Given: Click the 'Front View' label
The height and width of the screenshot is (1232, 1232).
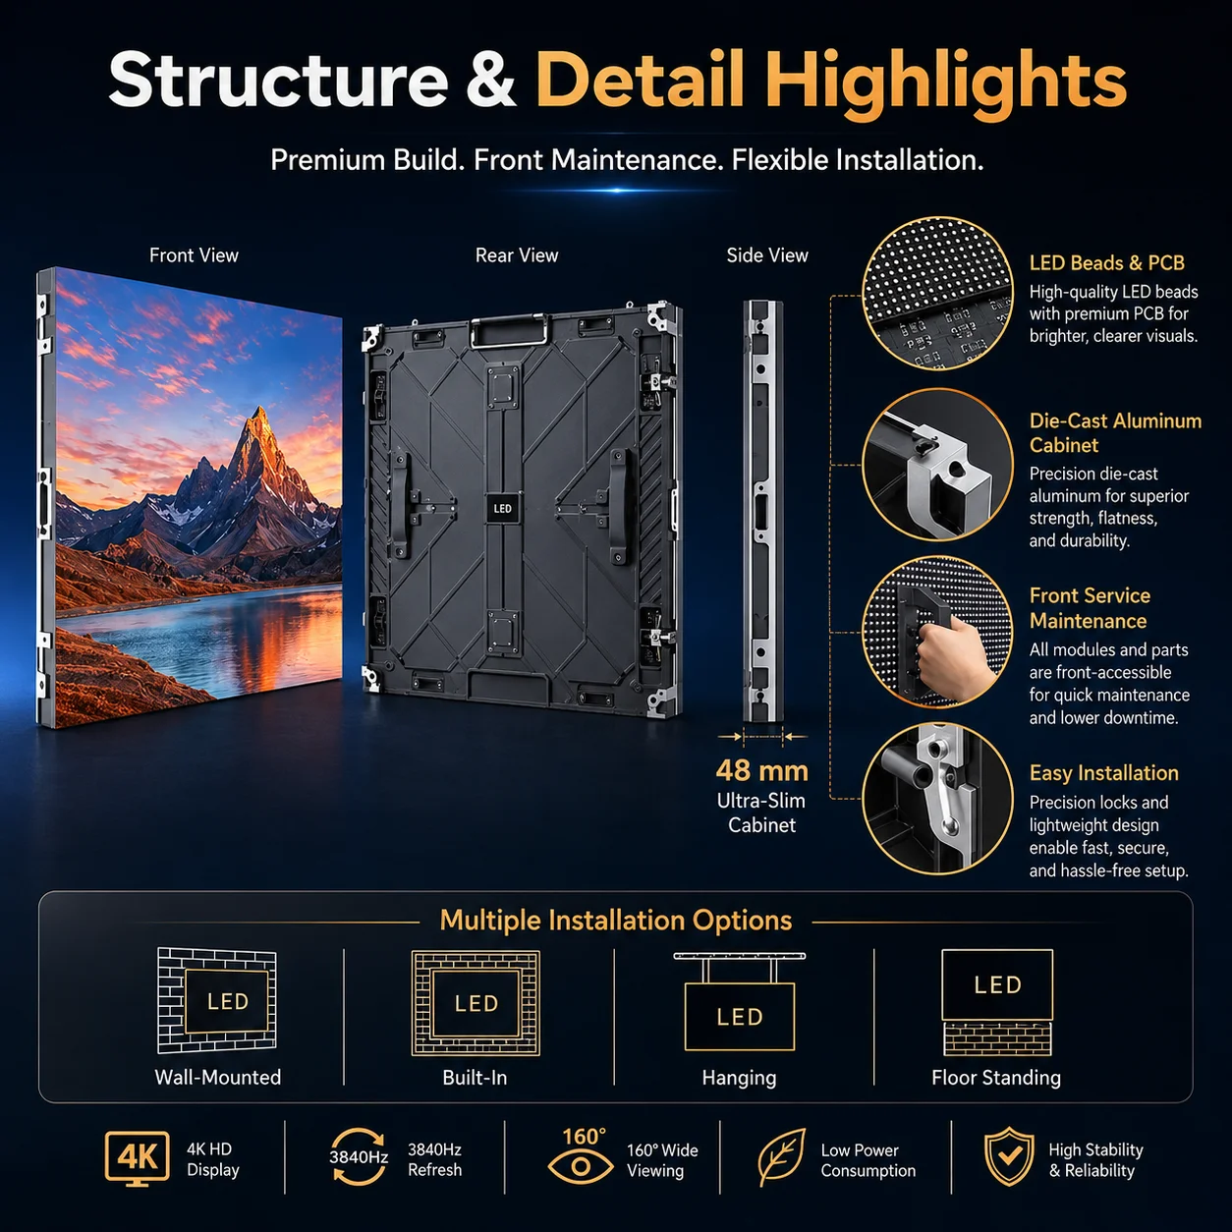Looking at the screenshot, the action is (194, 255).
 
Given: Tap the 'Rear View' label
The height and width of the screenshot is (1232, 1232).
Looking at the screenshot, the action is (517, 255).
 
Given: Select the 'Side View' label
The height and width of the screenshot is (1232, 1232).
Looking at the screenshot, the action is (767, 255).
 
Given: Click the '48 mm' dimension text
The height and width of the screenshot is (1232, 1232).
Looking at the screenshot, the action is (762, 771).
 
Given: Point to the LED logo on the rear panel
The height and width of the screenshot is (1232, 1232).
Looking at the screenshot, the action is (502, 509).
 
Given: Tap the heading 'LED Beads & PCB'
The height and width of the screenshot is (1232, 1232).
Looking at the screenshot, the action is (1106, 262).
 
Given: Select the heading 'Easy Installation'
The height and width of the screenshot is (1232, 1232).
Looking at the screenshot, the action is (1103, 773).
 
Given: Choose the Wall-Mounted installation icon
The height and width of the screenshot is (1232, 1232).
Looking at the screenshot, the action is (217, 1000).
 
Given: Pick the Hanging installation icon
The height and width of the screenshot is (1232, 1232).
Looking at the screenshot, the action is (740, 1001).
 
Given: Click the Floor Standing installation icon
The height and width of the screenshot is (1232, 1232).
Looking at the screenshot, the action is (997, 1002).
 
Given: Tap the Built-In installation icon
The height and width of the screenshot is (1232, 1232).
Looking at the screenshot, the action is (476, 1002).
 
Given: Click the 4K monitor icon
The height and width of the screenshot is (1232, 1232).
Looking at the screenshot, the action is (138, 1158).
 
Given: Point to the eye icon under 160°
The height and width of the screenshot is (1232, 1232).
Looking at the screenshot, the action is (580, 1167).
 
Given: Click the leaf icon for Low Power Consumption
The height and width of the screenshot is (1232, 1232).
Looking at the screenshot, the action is (781, 1158).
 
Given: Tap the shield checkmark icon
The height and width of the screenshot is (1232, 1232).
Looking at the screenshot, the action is (1009, 1156).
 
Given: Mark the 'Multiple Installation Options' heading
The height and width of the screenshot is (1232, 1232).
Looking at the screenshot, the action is (616, 921).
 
